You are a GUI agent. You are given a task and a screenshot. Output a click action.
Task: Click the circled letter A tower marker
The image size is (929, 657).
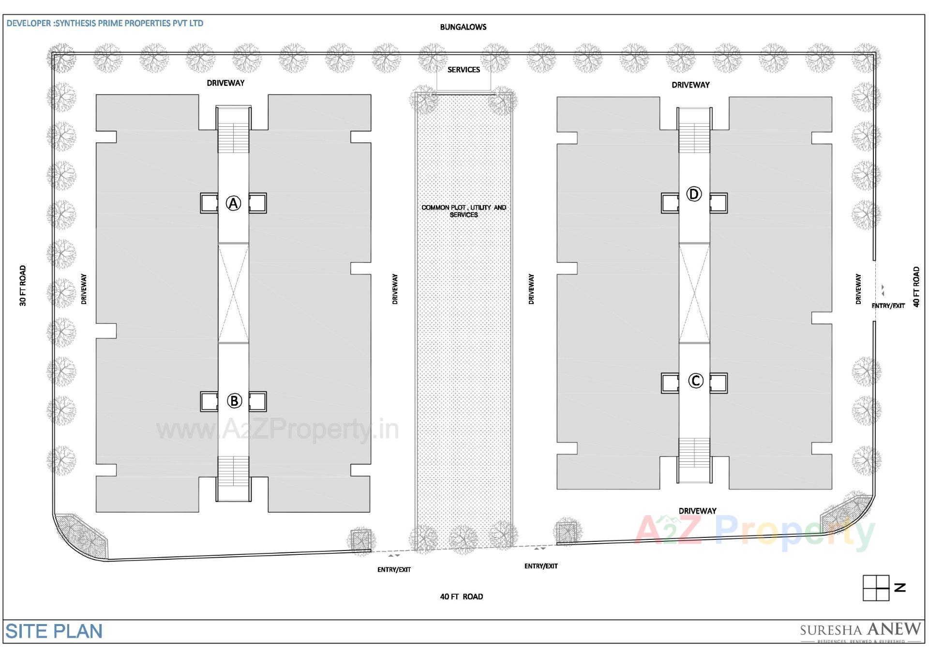[234, 203]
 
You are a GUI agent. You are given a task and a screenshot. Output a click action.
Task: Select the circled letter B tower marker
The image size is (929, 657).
[234, 401]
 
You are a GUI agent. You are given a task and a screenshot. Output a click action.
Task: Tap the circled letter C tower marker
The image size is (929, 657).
[695, 381]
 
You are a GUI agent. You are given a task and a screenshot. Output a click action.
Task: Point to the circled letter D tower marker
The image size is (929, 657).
[694, 194]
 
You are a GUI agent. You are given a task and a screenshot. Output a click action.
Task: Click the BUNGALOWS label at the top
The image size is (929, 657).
[463, 27]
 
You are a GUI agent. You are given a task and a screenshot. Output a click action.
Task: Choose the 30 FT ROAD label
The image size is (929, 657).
[23, 286]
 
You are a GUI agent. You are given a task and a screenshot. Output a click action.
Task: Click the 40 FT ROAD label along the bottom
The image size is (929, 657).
[461, 596]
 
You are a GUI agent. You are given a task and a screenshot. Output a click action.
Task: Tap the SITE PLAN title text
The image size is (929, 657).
[54, 631]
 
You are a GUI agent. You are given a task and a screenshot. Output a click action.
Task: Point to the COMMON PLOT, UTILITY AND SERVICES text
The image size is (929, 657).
[464, 211]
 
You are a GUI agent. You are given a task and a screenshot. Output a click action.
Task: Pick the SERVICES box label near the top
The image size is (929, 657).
[464, 70]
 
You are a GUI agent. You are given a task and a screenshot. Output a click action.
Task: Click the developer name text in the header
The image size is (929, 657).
[105, 23]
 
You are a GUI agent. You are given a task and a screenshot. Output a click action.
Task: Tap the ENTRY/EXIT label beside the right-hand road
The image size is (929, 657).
[888, 306]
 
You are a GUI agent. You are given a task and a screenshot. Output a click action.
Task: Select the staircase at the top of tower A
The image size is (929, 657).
[233, 138]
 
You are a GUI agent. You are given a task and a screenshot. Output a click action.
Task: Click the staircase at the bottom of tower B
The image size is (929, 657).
[233, 471]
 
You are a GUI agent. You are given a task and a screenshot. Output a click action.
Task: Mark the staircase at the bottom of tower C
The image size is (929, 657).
[694, 453]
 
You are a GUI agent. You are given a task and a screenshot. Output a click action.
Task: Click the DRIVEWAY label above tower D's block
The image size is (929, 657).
[690, 85]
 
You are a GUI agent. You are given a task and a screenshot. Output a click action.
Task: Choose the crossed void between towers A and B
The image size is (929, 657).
[233, 293]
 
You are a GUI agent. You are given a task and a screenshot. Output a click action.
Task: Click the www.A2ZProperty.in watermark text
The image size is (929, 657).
[277, 429]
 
